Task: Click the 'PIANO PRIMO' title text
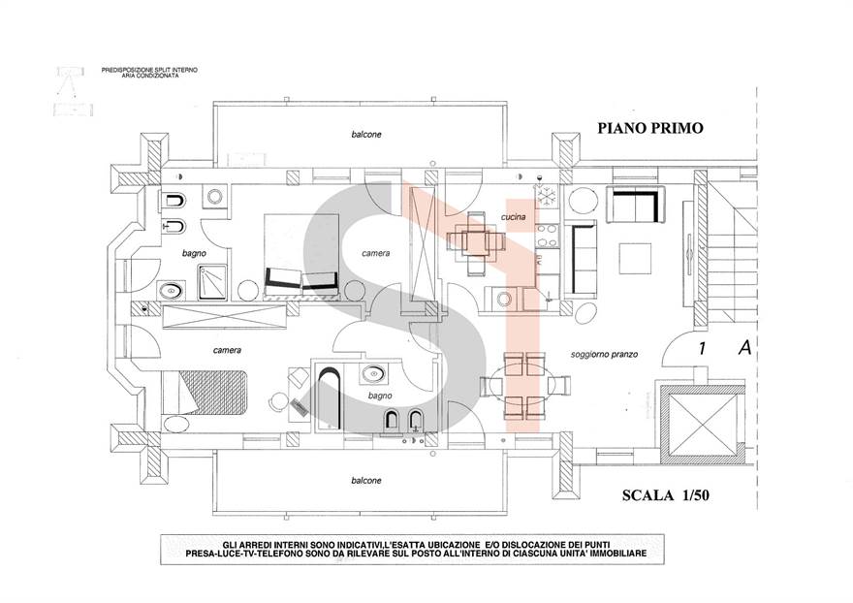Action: point(648,127)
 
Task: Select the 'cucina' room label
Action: point(513,217)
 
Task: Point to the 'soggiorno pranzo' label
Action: point(603,355)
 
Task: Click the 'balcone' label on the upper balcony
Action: point(365,134)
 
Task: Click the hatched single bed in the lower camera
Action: point(208,391)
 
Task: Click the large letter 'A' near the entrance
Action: point(744,347)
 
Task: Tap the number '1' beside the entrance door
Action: point(700,348)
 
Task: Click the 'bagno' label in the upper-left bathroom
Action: point(193,253)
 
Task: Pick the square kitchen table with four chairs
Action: point(474,240)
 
